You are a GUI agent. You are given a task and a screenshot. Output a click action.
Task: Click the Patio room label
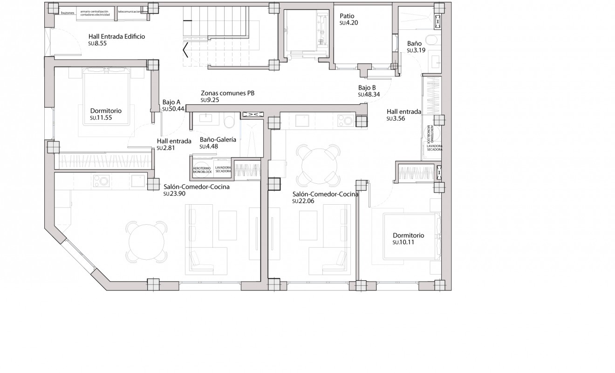pyautogui.click(x=347, y=16)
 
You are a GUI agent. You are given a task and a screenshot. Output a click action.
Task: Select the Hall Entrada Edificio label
pyautogui.click(x=117, y=36)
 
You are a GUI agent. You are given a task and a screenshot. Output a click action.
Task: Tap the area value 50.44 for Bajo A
pyautogui.click(x=173, y=109)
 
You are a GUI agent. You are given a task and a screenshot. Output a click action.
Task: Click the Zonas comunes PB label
pyautogui.click(x=227, y=93)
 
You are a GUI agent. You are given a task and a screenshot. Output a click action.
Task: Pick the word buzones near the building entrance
pyautogui.click(x=68, y=13)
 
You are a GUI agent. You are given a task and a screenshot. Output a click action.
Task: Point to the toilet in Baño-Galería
pyautogui.click(x=229, y=121)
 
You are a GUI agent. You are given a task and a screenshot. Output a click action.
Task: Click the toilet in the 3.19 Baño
pyautogui.click(x=432, y=40)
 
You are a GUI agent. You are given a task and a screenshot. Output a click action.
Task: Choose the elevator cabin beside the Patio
pyautogui.click(x=305, y=35)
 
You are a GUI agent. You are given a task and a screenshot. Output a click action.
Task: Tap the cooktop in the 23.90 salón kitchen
pyautogui.click(x=101, y=180)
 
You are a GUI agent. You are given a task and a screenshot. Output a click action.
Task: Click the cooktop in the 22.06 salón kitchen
pyautogui.click(x=345, y=121)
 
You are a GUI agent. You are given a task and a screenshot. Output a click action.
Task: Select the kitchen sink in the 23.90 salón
pyautogui.click(x=138, y=180)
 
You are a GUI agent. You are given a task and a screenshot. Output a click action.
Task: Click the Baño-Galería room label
pyautogui.click(x=218, y=139)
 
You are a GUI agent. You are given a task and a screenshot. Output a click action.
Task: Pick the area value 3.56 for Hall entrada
pyautogui.click(x=396, y=118)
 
